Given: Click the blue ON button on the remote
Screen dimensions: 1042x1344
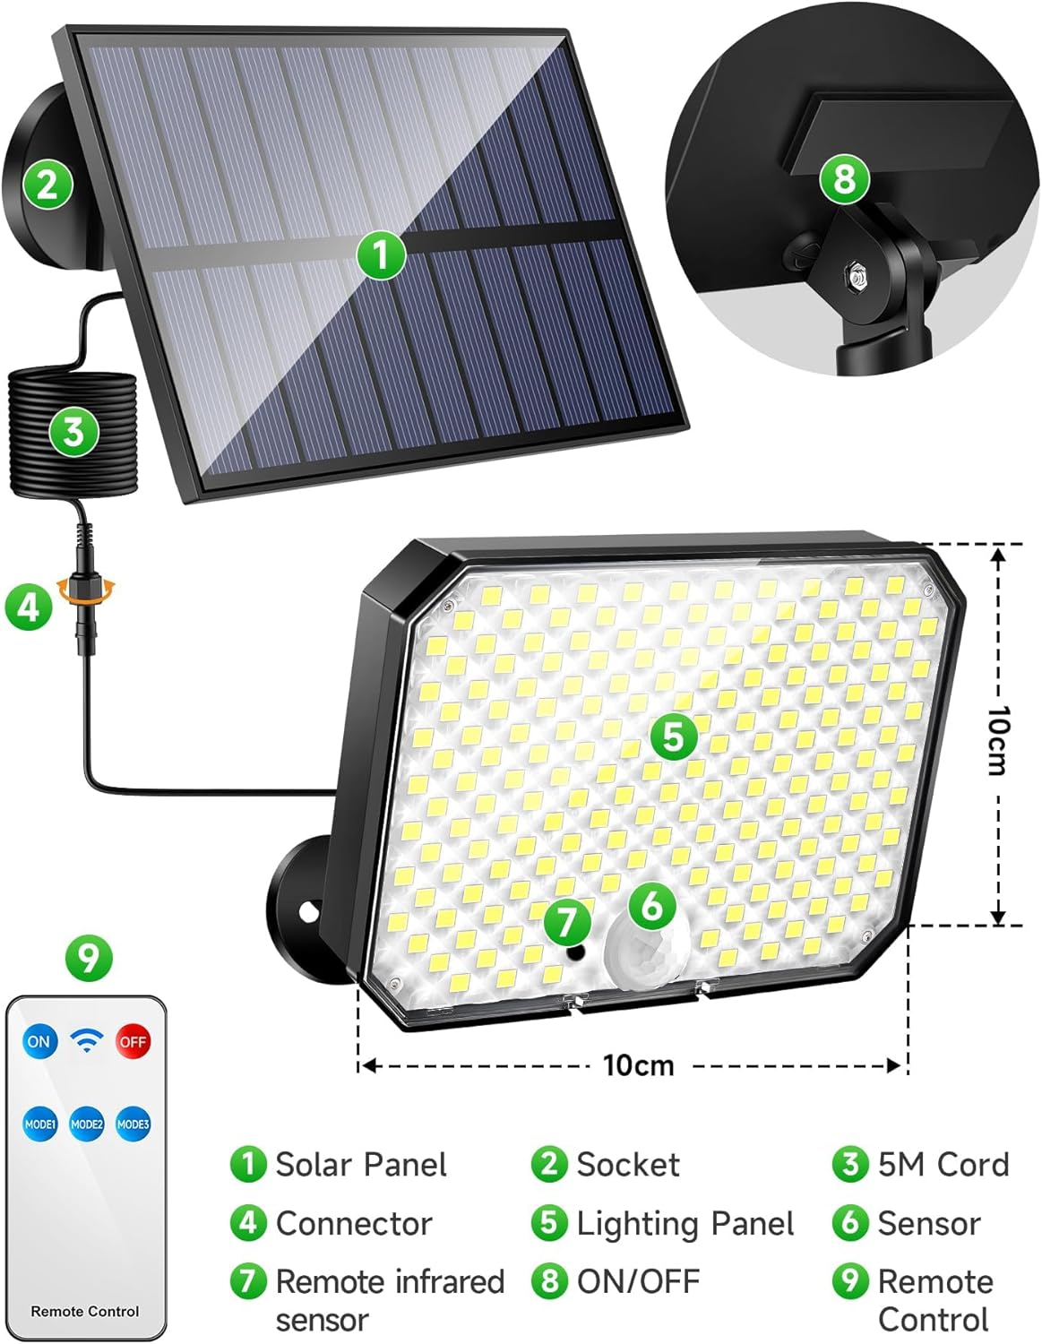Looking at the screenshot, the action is click(39, 1041).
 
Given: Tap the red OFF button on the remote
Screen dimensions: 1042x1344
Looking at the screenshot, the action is click(133, 1042).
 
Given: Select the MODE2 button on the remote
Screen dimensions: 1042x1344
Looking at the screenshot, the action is click(87, 1124).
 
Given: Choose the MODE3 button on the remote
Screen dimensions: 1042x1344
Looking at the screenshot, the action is click(133, 1124).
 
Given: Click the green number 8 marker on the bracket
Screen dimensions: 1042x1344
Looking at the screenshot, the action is click(845, 180).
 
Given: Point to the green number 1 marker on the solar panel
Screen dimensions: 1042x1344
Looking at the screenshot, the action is click(382, 254).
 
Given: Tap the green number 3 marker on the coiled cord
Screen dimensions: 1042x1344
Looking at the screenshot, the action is click(73, 431).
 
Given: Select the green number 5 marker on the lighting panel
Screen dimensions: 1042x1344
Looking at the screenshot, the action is click(674, 737).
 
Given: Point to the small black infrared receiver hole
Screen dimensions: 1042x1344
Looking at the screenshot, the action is click(576, 953).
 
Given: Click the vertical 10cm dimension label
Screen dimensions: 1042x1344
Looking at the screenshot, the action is click(997, 740).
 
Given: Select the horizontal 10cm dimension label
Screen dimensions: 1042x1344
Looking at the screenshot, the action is click(638, 1065).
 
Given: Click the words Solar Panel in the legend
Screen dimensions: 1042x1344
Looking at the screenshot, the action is click(361, 1165).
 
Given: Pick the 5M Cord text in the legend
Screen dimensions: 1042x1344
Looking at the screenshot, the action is click(943, 1164).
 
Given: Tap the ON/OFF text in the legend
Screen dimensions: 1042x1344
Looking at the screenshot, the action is click(638, 1280).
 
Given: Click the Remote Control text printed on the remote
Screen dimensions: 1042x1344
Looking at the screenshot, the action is click(85, 1311).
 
